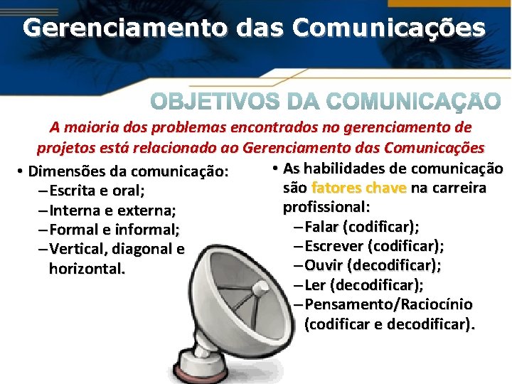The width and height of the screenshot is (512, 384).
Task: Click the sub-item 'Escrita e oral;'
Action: [x=97, y=191]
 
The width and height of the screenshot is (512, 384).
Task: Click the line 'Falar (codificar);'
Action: [x=361, y=227]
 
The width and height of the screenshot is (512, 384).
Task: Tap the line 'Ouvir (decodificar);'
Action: [x=371, y=265]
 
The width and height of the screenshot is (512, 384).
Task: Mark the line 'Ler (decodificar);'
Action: [x=363, y=285]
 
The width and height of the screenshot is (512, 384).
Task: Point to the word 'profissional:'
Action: [x=326, y=208]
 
